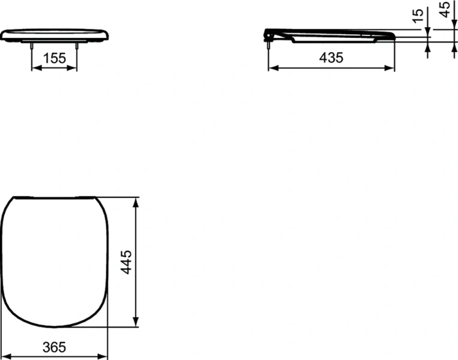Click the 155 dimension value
point(54,58)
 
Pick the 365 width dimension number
point(55,347)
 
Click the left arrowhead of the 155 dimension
point(35,68)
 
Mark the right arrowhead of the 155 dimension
point(74,68)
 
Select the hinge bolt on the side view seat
point(267,43)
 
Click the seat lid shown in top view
point(56,261)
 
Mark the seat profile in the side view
point(330,35)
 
